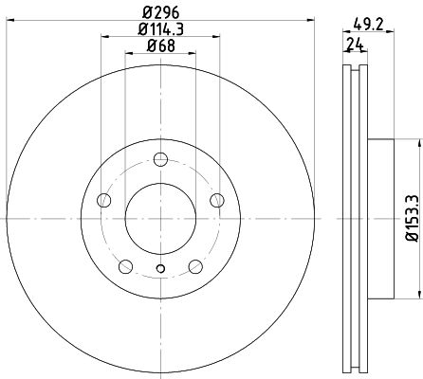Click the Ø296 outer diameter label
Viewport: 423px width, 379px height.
click(x=160, y=12)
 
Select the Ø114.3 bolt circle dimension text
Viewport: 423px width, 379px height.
click(x=160, y=30)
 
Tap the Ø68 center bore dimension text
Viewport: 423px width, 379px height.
click(x=160, y=47)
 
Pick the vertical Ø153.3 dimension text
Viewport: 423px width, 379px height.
click(x=410, y=217)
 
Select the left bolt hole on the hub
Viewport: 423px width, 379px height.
click(x=103, y=200)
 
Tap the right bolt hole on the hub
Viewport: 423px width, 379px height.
click(x=217, y=200)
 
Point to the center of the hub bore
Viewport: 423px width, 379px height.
click(x=160, y=219)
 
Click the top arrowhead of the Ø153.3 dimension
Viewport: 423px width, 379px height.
click(x=415, y=142)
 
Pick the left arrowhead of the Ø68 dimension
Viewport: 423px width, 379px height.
click(x=128, y=56)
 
